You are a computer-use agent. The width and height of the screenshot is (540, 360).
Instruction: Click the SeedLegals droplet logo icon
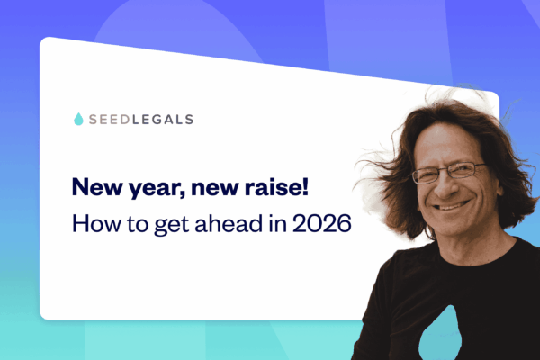(x=78, y=119)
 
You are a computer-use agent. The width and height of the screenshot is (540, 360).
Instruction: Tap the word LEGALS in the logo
(x=163, y=119)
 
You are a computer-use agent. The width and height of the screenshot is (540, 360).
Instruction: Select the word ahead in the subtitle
(x=234, y=222)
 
